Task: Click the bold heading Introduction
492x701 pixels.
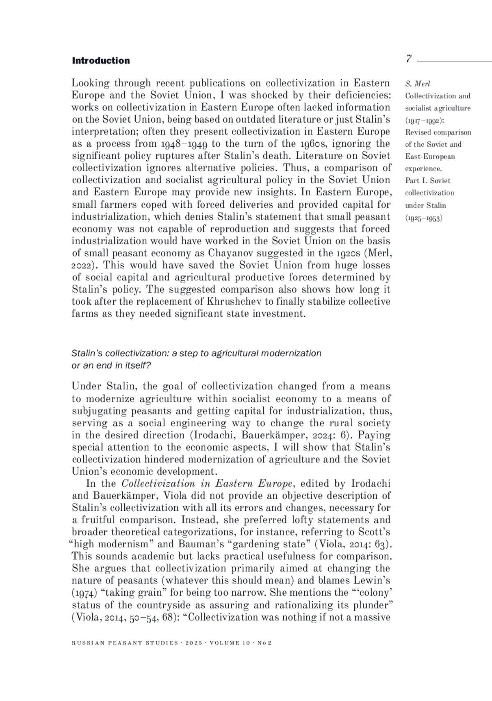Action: click(x=101, y=61)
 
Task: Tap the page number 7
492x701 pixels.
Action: click(x=409, y=59)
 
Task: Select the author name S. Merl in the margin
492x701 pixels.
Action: click(x=417, y=84)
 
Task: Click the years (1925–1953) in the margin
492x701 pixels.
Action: click(x=424, y=218)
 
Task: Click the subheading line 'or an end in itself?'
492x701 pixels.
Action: click(x=111, y=365)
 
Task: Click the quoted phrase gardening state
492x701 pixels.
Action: click(x=269, y=544)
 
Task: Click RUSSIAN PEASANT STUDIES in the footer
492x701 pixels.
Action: click(x=125, y=643)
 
